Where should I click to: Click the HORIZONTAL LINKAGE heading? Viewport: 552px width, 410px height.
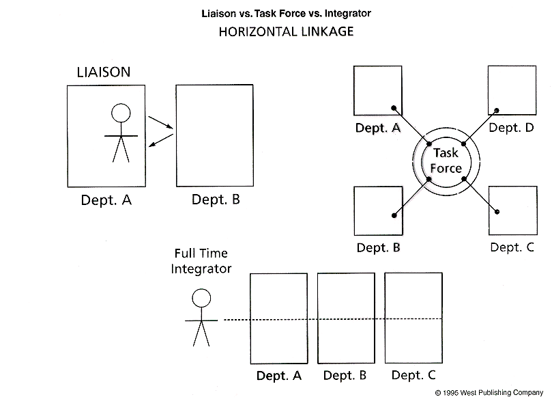(x=287, y=31)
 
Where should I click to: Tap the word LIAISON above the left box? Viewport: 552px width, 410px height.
(x=103, y=72)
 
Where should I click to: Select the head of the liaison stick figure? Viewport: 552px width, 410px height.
(x=121, y=112)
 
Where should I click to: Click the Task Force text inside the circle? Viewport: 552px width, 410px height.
(x=447, y=161)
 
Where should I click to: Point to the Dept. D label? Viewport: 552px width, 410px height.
(x=511, y=127)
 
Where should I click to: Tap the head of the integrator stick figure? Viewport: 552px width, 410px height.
(x=201, y=297)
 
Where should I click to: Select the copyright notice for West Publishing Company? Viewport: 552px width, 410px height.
(x=489, y=394)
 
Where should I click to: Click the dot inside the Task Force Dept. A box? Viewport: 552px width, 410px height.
(x=393, y=108)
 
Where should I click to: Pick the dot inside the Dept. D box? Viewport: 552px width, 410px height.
(x=497, y=110)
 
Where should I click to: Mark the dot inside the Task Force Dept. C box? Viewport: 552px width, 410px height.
(x=498, y=212)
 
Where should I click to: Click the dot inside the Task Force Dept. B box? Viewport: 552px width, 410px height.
(x=394, y=215)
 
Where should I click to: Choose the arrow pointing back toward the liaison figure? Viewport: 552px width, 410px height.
(x=160, y=139)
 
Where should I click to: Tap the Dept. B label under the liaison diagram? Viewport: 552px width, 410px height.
(x=216, y=200)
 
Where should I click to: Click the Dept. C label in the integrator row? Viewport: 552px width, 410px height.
(x=413, y=375)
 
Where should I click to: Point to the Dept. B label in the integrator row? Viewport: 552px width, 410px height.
(x=345, y=375)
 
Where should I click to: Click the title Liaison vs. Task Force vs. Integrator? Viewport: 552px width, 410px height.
(x=287, y=13)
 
